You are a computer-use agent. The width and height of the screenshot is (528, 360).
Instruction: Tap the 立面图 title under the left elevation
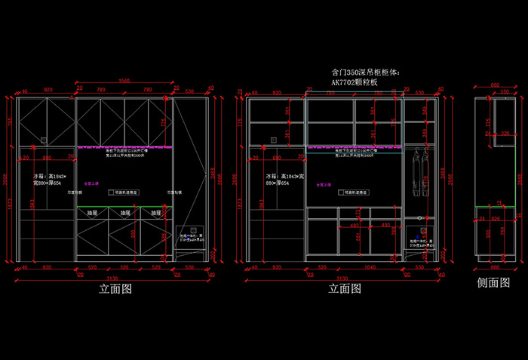click(x=116, y=288)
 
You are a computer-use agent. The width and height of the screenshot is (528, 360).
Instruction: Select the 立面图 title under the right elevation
click(x=345, y=288)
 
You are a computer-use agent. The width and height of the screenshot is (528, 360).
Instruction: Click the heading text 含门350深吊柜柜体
click(x=367, y=72)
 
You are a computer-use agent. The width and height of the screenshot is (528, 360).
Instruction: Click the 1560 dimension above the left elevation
click(x=124, y=82)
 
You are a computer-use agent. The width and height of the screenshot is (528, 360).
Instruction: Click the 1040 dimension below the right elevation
click(x=354, y=267)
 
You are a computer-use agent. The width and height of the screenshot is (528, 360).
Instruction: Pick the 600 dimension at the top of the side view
click(x=495, y=85)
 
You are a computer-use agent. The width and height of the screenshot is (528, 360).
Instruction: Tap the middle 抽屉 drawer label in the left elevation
click(x=124, y=214)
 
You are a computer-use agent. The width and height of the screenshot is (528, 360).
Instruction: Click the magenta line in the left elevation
click(x=124, y=146)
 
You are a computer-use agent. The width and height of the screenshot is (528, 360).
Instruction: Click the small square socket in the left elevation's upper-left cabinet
click(x=43, y=139)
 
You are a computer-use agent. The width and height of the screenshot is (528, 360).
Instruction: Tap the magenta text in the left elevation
click(x=91, y=183)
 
